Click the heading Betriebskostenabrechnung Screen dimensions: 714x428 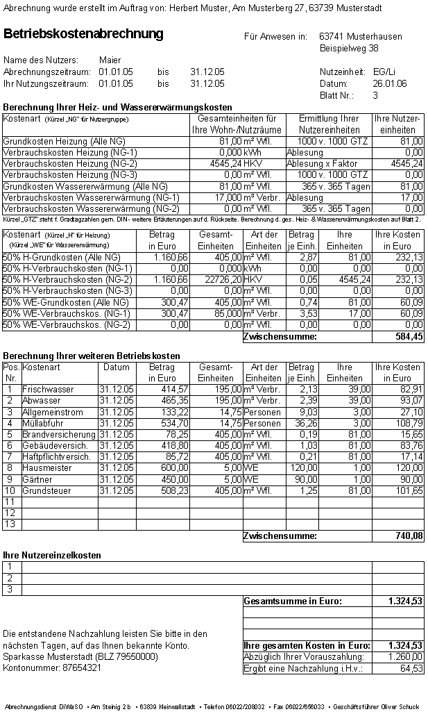click(83, 34)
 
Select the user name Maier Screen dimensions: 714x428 click(110, 60)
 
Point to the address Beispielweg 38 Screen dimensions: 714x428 click(349, 49)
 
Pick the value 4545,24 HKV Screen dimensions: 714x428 click(238, 164)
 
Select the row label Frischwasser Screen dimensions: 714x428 click(48, 390)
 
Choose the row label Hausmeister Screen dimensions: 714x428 click(47, 468)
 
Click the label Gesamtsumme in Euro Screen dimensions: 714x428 click(293, 601)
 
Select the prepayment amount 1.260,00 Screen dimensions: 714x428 click(405, 657)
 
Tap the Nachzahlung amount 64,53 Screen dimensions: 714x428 click(411, 668)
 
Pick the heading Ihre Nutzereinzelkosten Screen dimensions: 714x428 click(52, 556)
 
